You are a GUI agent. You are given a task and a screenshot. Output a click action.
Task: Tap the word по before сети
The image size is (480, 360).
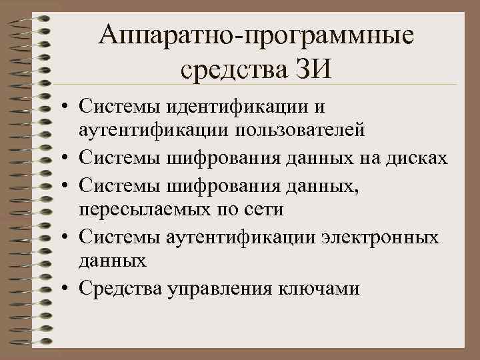tap(225, 209)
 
